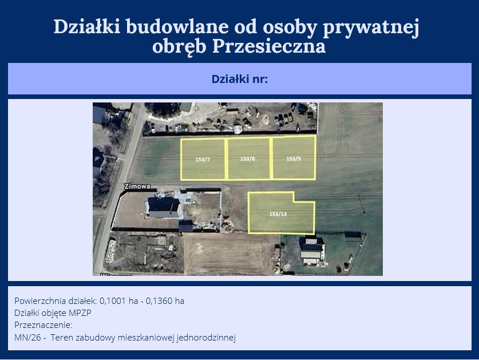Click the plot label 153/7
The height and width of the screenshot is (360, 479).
203,160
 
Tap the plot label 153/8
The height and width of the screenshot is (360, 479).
247,159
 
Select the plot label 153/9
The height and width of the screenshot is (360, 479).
294,159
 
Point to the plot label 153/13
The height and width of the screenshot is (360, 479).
278,214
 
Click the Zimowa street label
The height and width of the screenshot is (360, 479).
137,187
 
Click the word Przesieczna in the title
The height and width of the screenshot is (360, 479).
269,47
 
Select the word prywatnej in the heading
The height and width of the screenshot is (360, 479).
371,27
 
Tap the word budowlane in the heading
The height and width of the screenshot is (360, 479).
177,26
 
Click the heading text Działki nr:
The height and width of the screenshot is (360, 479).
240,79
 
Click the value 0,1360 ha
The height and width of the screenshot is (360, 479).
165,301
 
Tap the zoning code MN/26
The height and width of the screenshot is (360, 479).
27,338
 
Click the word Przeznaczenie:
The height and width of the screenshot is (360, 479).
43,325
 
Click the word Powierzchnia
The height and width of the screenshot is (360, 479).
40,301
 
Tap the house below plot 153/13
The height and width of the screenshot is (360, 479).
311,251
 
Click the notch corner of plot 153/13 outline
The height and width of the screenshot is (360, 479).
294,201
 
